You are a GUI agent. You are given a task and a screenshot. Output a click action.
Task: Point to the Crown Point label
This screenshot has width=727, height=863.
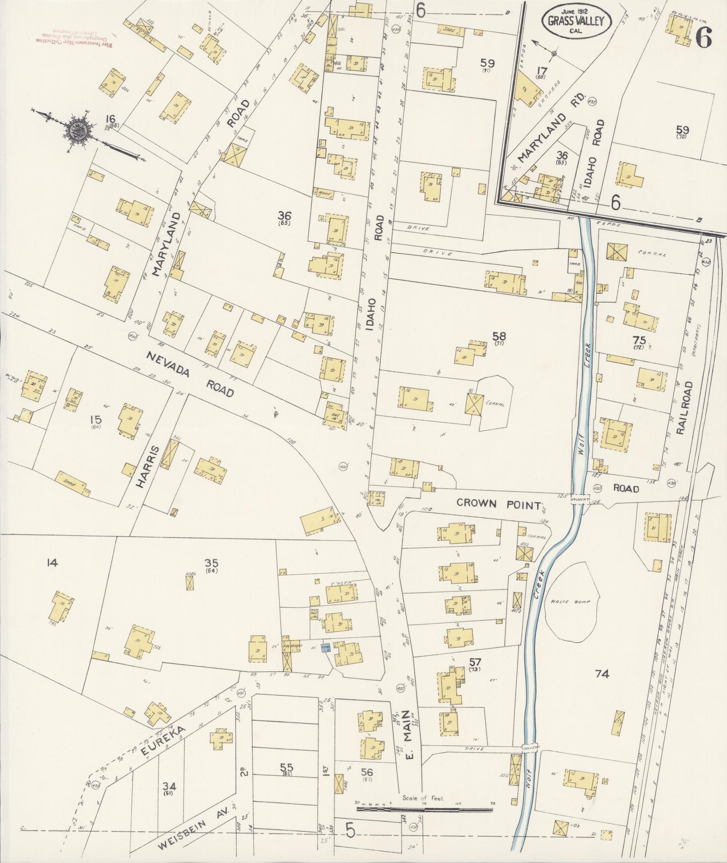[x=498, y=504]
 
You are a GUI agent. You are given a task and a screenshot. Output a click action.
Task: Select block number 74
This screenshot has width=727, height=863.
[x=602, y=674]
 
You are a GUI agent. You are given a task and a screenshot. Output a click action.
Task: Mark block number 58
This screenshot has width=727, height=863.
[x=499, y=336]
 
